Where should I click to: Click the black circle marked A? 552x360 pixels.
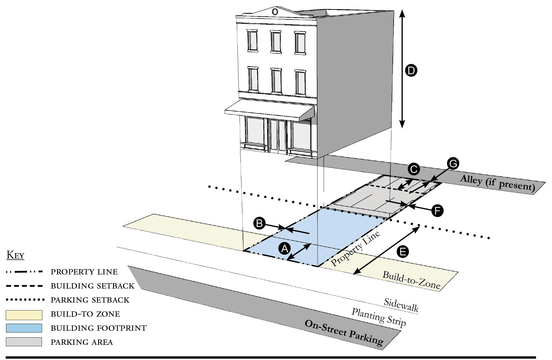coord(285,249)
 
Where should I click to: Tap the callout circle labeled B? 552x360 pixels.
coord(259,224)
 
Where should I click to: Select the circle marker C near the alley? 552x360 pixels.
coord(414,169)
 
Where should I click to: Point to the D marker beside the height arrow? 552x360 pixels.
coord(411,71)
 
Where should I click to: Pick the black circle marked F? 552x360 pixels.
coord(437,211)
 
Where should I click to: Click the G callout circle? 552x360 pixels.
coord(453,164)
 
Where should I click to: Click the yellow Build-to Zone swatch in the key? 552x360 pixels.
coord(24,315)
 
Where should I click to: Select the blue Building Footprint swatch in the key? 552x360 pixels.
coord(24,328)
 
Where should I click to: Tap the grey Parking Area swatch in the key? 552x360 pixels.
coord(24,342)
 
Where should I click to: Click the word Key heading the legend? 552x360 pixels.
coord(15,255)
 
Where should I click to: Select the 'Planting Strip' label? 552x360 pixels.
coord(379,318)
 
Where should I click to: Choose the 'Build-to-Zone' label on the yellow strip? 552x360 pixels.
coord(411,280)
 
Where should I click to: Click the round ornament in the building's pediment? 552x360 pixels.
coord(275,12)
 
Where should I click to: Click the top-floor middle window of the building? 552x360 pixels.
coord(276,42)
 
